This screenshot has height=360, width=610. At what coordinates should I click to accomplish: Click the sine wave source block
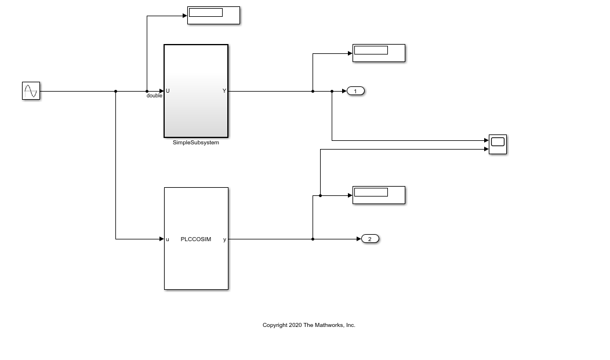click(x=31, y=91)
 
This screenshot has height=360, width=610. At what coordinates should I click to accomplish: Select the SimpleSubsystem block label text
click(x=196, y=143)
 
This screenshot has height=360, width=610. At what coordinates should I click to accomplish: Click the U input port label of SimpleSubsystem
click(x=168, y=91)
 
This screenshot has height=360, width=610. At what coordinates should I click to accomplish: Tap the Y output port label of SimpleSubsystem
click(x=224, y=91)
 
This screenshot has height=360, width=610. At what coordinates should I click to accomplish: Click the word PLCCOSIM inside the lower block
click(x=196, y=239)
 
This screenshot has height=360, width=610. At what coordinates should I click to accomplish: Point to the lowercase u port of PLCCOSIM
click(x=168, y=239)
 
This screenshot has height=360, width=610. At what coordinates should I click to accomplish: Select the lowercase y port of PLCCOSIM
click(x=224, y=239)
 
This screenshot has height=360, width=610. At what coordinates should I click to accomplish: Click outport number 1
click(x=355, y=91)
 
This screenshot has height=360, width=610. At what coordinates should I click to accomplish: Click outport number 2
click(x=370, y=239)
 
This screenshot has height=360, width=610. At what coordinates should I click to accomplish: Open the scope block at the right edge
click(x=498, y=144)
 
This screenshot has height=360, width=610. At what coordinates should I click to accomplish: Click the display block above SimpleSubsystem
click(x=213, y=16)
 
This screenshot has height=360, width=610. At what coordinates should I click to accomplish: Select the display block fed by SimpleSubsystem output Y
click(x=379, y=53)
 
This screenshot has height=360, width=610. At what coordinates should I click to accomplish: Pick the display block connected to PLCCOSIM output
click(x=379, y=195)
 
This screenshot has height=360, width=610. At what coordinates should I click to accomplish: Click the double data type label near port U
click(x=154, y=96)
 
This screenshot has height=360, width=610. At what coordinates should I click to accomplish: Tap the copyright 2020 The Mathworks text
click(x=308, y=325)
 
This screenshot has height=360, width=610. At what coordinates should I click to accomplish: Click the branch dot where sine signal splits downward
click(x=116, y=91)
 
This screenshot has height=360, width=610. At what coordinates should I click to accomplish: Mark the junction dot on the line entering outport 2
click(x=313, y=239)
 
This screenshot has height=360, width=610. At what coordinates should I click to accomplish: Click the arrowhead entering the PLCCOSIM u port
click(x=162, y=239)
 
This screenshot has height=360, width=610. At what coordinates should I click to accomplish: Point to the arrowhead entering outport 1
click(x=344, y=91)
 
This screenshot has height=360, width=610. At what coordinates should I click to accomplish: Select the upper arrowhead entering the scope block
click(x=486, y=140)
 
